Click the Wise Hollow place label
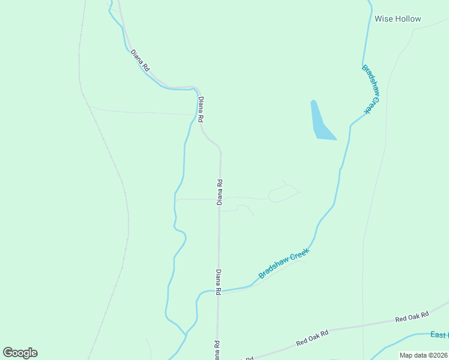[x=397, y=19]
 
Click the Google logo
[x=20, y=353]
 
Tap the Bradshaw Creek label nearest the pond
[x=372, y=89]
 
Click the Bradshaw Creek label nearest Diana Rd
[x=284, y=263]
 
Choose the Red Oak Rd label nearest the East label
[x=412, y=317]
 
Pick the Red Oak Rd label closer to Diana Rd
[x=313, y=338]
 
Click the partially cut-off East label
[x=440, y=335]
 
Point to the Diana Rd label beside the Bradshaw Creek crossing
[x=219, y=281]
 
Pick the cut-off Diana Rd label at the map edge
[x=217, y=350]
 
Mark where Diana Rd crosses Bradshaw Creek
[x=218, y=291]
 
